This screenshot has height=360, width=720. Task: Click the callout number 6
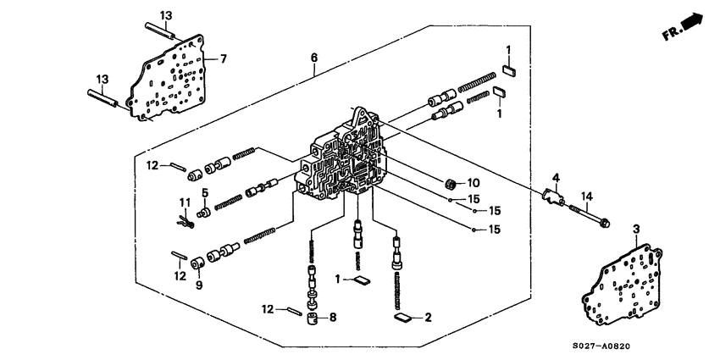[x=314, y=58]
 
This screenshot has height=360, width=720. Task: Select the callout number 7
[x=224, y=58]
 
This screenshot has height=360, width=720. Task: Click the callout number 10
[x=474, y=183]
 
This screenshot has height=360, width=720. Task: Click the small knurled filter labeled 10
[x=451, y=182]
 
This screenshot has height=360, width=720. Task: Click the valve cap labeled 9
[x=197, y=265]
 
